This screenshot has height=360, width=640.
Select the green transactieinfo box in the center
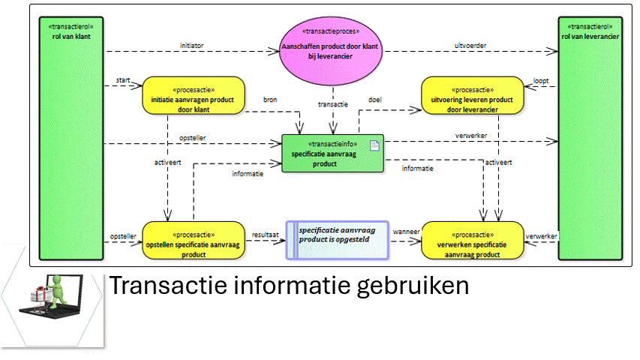tap(332, 153)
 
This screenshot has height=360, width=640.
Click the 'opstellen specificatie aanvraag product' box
tap(194, 239)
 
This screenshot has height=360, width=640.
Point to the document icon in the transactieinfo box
tap(375, 145)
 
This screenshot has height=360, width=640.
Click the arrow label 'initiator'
tap(192, 45)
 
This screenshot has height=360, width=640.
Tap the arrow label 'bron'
tap(270, 100)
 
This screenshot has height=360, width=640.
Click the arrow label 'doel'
tap(375, 100)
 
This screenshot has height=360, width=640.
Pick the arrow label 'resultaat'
tap(266, 234)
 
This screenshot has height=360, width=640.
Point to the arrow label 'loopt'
tap(540, 80)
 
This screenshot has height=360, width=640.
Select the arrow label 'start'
tap(123, 79)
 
